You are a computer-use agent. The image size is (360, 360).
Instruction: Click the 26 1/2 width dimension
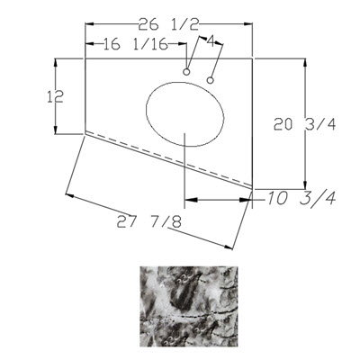[168, 24]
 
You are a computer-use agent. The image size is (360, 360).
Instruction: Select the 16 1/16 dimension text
[136, 44]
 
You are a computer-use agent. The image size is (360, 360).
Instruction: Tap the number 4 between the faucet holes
[211, 41]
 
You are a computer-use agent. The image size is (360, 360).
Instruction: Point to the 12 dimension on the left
[55, 97]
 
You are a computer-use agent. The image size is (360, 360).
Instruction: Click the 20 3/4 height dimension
[304, 124]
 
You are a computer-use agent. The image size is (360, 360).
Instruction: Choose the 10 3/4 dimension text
[301, 198]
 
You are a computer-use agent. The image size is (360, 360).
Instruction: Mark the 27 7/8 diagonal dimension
[149, 222]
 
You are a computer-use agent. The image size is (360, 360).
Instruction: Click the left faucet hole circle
[186, 72]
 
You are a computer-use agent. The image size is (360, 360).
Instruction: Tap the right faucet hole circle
[211, 80]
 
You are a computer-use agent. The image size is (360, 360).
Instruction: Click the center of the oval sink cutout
[185, 113]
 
